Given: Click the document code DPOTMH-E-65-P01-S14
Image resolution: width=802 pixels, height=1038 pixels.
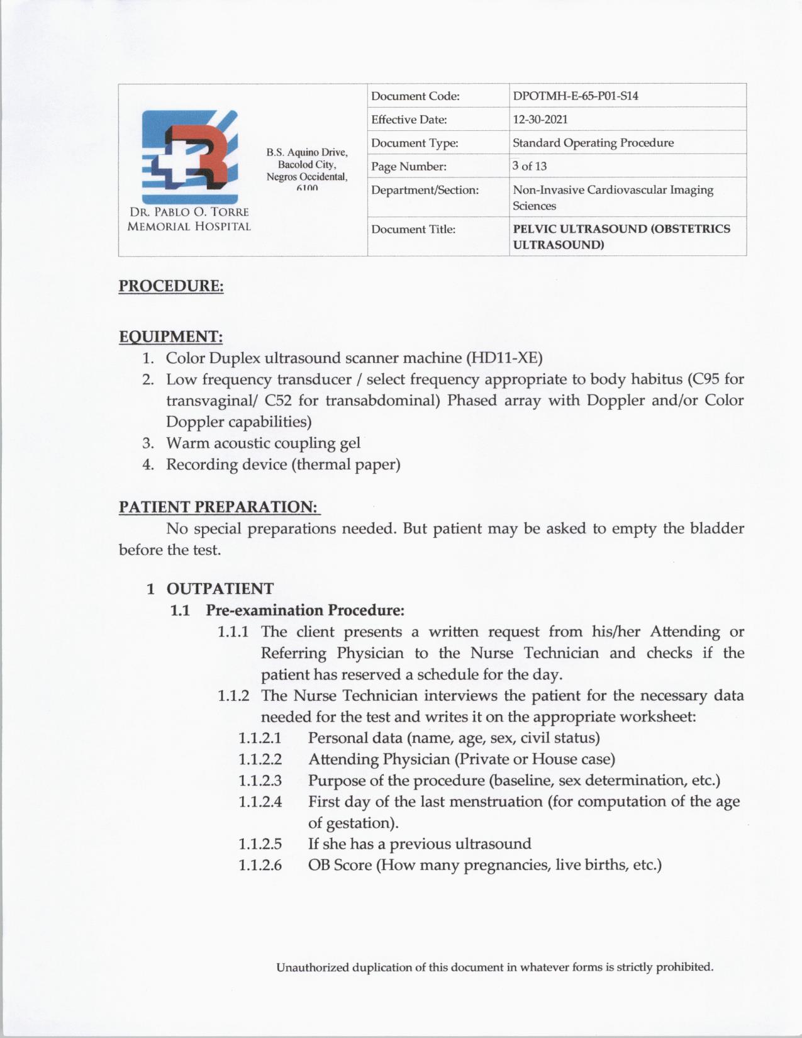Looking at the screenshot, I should (576, 96).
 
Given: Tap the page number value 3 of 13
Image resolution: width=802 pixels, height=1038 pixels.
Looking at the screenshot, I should (530, 166).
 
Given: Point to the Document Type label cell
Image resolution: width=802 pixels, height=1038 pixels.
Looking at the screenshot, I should (415, 143).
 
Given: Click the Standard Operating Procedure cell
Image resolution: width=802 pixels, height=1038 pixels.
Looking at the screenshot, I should (593, 143).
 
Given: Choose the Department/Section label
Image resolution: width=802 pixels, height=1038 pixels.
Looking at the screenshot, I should (425, 190).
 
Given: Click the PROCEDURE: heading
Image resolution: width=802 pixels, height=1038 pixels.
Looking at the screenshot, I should (171, 286).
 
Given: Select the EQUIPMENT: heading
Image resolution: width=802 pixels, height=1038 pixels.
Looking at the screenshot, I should (171, 337).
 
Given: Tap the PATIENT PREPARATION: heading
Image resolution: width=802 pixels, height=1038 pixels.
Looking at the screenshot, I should (219, 507).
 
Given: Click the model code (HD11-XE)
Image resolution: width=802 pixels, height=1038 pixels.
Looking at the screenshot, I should (503, 358).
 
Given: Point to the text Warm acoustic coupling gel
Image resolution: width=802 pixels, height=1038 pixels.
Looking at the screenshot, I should (263, 443).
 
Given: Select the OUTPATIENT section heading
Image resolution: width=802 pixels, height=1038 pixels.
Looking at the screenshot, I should (220, 589).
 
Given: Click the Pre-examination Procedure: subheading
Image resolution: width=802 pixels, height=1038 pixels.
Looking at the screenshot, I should (305, 610).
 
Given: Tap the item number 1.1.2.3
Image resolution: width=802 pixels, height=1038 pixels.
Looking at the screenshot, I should (260, 781).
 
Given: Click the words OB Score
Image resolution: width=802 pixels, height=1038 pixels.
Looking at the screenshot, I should (340, 865).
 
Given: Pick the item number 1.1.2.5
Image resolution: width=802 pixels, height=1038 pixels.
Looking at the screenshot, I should (260, 844).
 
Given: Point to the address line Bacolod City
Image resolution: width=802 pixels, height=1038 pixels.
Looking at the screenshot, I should (307, 164).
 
